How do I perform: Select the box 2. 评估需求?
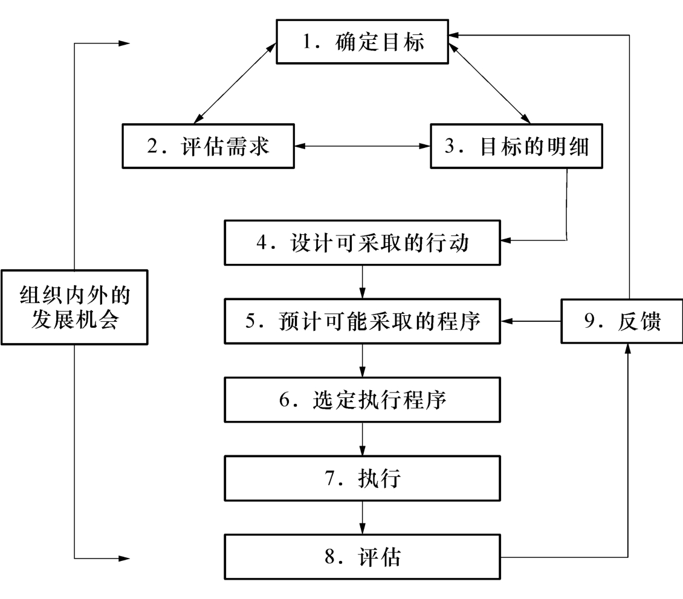208,146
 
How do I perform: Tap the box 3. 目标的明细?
517,146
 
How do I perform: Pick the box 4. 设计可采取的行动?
362,243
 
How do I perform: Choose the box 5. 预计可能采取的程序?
362,321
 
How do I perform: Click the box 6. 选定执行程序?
362,399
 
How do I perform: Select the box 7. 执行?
362,478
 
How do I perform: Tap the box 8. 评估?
362,556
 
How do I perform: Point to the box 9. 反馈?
622,321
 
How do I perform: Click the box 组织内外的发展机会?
74,307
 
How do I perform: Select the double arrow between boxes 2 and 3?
361,146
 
